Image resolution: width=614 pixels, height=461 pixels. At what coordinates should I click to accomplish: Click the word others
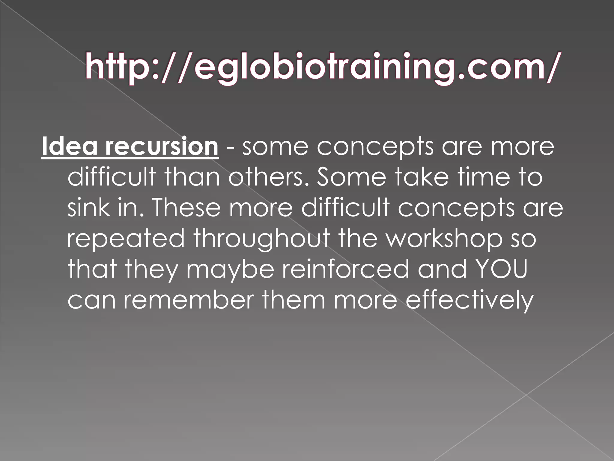tap(268, 177)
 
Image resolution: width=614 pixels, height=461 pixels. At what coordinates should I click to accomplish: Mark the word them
tap(294, 300)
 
